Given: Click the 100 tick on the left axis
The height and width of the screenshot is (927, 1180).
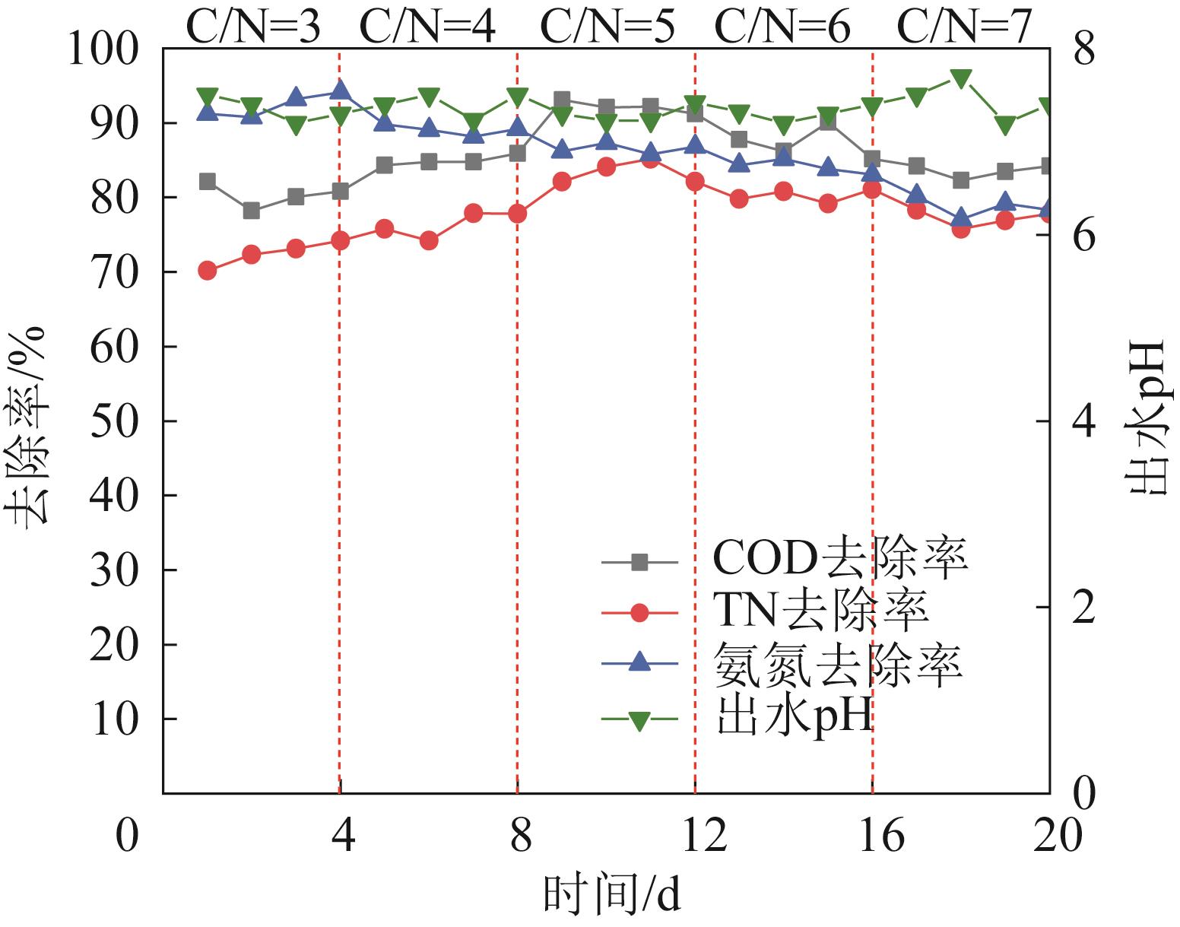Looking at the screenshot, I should pyautogui.click(x=114, y=50).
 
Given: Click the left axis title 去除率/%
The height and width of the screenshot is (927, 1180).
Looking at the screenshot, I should pyautogui.click(x=30, y=426).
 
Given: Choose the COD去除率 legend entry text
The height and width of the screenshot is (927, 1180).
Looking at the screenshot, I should pyautogui.click(x=839, y=560).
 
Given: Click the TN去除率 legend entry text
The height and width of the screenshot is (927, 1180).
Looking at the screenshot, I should pyautogui.click(x=821, y=611).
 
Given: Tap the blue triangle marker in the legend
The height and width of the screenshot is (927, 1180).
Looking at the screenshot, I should pyautogui.click(x=639, y=662).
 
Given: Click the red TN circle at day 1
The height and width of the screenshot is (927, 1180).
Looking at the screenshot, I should pyautogui.click(x=207, y=270).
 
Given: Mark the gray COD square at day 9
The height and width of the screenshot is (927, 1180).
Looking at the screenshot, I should pyautogui.click(x=562, y=100).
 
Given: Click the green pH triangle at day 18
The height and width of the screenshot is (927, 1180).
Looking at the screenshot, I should pyautogui.click(x=961, y=79).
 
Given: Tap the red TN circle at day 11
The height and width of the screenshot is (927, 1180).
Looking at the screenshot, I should pyautogui.click(x=650, y=160).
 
